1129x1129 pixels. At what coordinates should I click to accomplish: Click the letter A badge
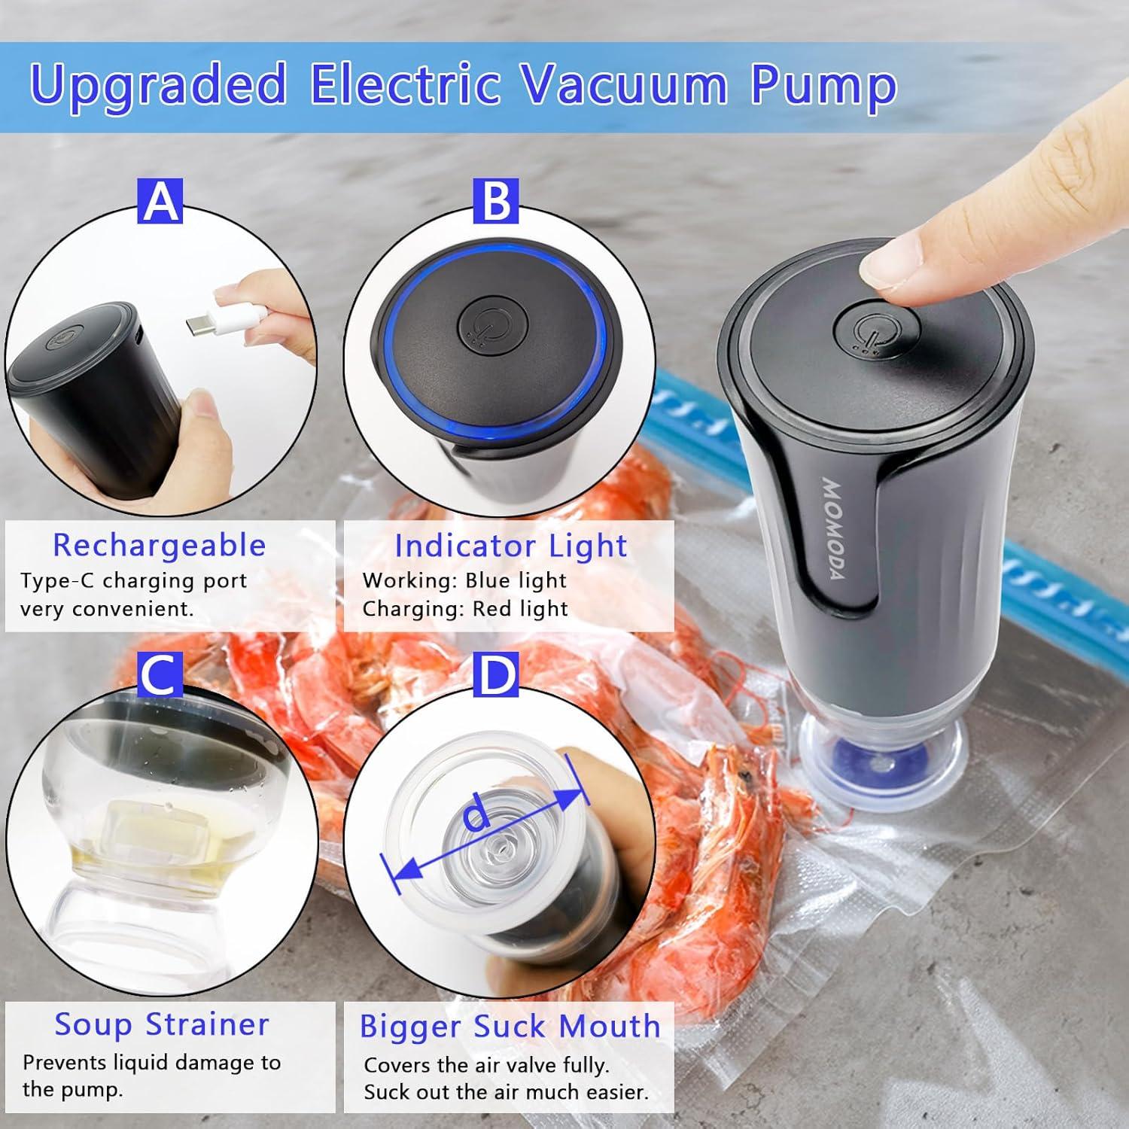[160, 201]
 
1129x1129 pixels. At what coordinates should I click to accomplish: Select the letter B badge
[496, 201]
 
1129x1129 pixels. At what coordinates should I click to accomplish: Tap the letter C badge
[160, 675]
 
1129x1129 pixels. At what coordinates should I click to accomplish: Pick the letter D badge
[496, 675]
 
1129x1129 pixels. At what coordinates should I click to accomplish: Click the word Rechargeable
[160, 545]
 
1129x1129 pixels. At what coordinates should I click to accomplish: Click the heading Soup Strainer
[162, 1024]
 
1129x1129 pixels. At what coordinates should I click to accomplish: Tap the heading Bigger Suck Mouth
[510, 1027]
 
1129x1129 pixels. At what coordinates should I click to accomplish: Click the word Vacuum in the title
[625, 84]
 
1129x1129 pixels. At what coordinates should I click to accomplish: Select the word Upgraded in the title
[159, 84]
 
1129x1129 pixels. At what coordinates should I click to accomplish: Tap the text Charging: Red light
[465, 608]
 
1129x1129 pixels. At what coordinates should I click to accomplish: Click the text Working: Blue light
[464, 580]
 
